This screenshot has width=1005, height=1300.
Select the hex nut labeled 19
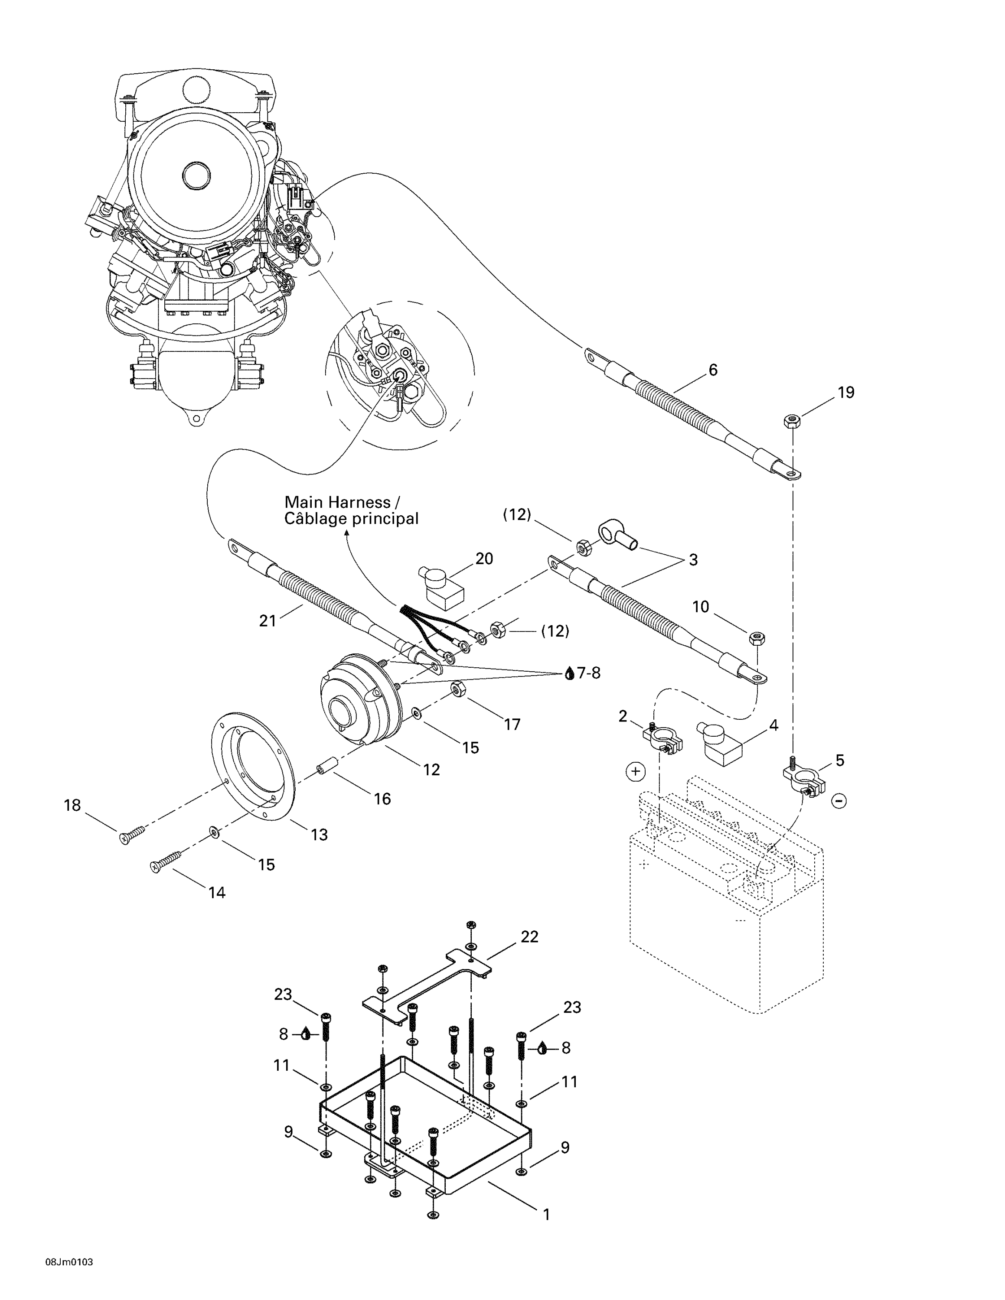[791, 422]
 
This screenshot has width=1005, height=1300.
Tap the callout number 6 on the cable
[713, 370]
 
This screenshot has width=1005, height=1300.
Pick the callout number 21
[268, 621]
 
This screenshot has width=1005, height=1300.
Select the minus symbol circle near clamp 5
[839, 801]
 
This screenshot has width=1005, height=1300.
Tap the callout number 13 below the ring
[319, 835]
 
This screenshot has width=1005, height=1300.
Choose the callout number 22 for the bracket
[529, 937]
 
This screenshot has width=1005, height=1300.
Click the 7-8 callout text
[589, 673]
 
